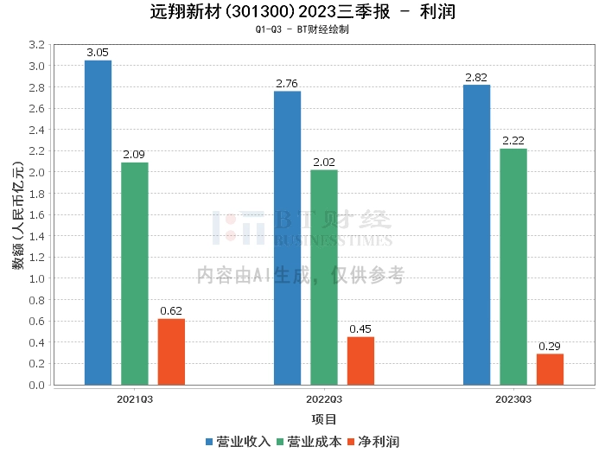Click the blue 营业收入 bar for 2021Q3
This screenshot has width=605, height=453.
coord(98,222)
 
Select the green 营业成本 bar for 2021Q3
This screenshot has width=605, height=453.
coord(134,273)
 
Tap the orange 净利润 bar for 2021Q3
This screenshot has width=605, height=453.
coord(171,352)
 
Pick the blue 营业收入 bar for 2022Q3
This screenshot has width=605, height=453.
coord(287,238)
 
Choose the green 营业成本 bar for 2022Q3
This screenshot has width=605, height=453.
coord(324,278)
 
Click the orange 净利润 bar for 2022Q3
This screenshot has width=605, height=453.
coord(360,360)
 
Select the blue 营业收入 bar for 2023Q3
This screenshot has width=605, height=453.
coord(476,234)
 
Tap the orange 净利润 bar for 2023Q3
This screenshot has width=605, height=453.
coord(550,369)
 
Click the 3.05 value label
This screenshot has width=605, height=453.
coord(99,53)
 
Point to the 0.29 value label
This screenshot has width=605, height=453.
coord(550,347)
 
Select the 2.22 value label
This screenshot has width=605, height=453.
coord(513,141)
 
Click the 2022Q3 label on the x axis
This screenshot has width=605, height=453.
coord(324,399)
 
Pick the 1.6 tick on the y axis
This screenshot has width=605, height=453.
coord(37,214)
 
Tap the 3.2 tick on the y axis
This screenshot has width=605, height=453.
coord(37,44)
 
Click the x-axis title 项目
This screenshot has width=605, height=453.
coord(324,419)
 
